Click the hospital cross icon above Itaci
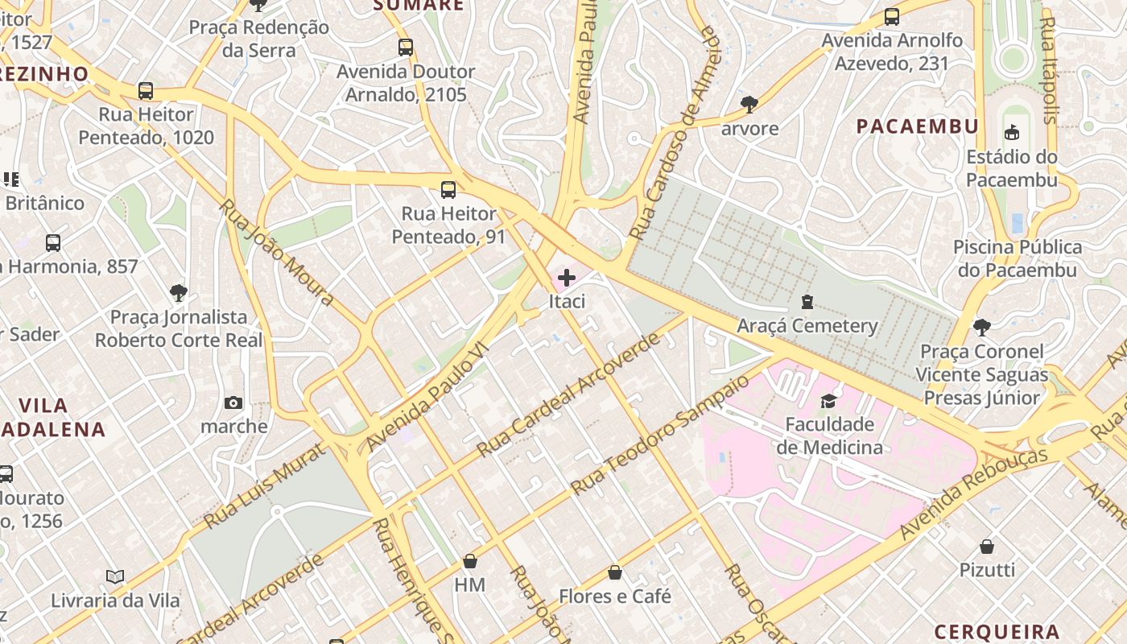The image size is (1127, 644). click(567, 279)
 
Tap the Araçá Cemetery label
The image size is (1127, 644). click(807, 326)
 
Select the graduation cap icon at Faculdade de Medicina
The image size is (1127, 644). click(828, 401)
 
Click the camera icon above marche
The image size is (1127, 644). click(233, 403)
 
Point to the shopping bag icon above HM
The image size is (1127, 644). click(470, 561)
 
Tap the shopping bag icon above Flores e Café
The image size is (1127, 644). click(615, 572)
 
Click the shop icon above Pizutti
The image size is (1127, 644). click(987, 547)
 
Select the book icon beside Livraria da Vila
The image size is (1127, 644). click(116, 576)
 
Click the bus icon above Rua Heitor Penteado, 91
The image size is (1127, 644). click(448, 190)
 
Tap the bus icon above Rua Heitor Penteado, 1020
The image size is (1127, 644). click(146, 91)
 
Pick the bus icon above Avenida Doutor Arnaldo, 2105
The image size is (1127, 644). click(406, 47)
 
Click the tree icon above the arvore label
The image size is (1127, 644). click(749, 105)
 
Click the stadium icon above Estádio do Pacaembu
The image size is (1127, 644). click(1012, 133)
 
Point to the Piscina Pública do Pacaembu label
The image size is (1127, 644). click(1018, 258)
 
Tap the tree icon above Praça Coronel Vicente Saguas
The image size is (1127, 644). click(981, 327)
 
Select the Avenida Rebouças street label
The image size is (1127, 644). click(974, 493)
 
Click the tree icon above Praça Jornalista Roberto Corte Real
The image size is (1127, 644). click(179, 292)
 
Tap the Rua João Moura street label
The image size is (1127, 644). click(276, 253)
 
